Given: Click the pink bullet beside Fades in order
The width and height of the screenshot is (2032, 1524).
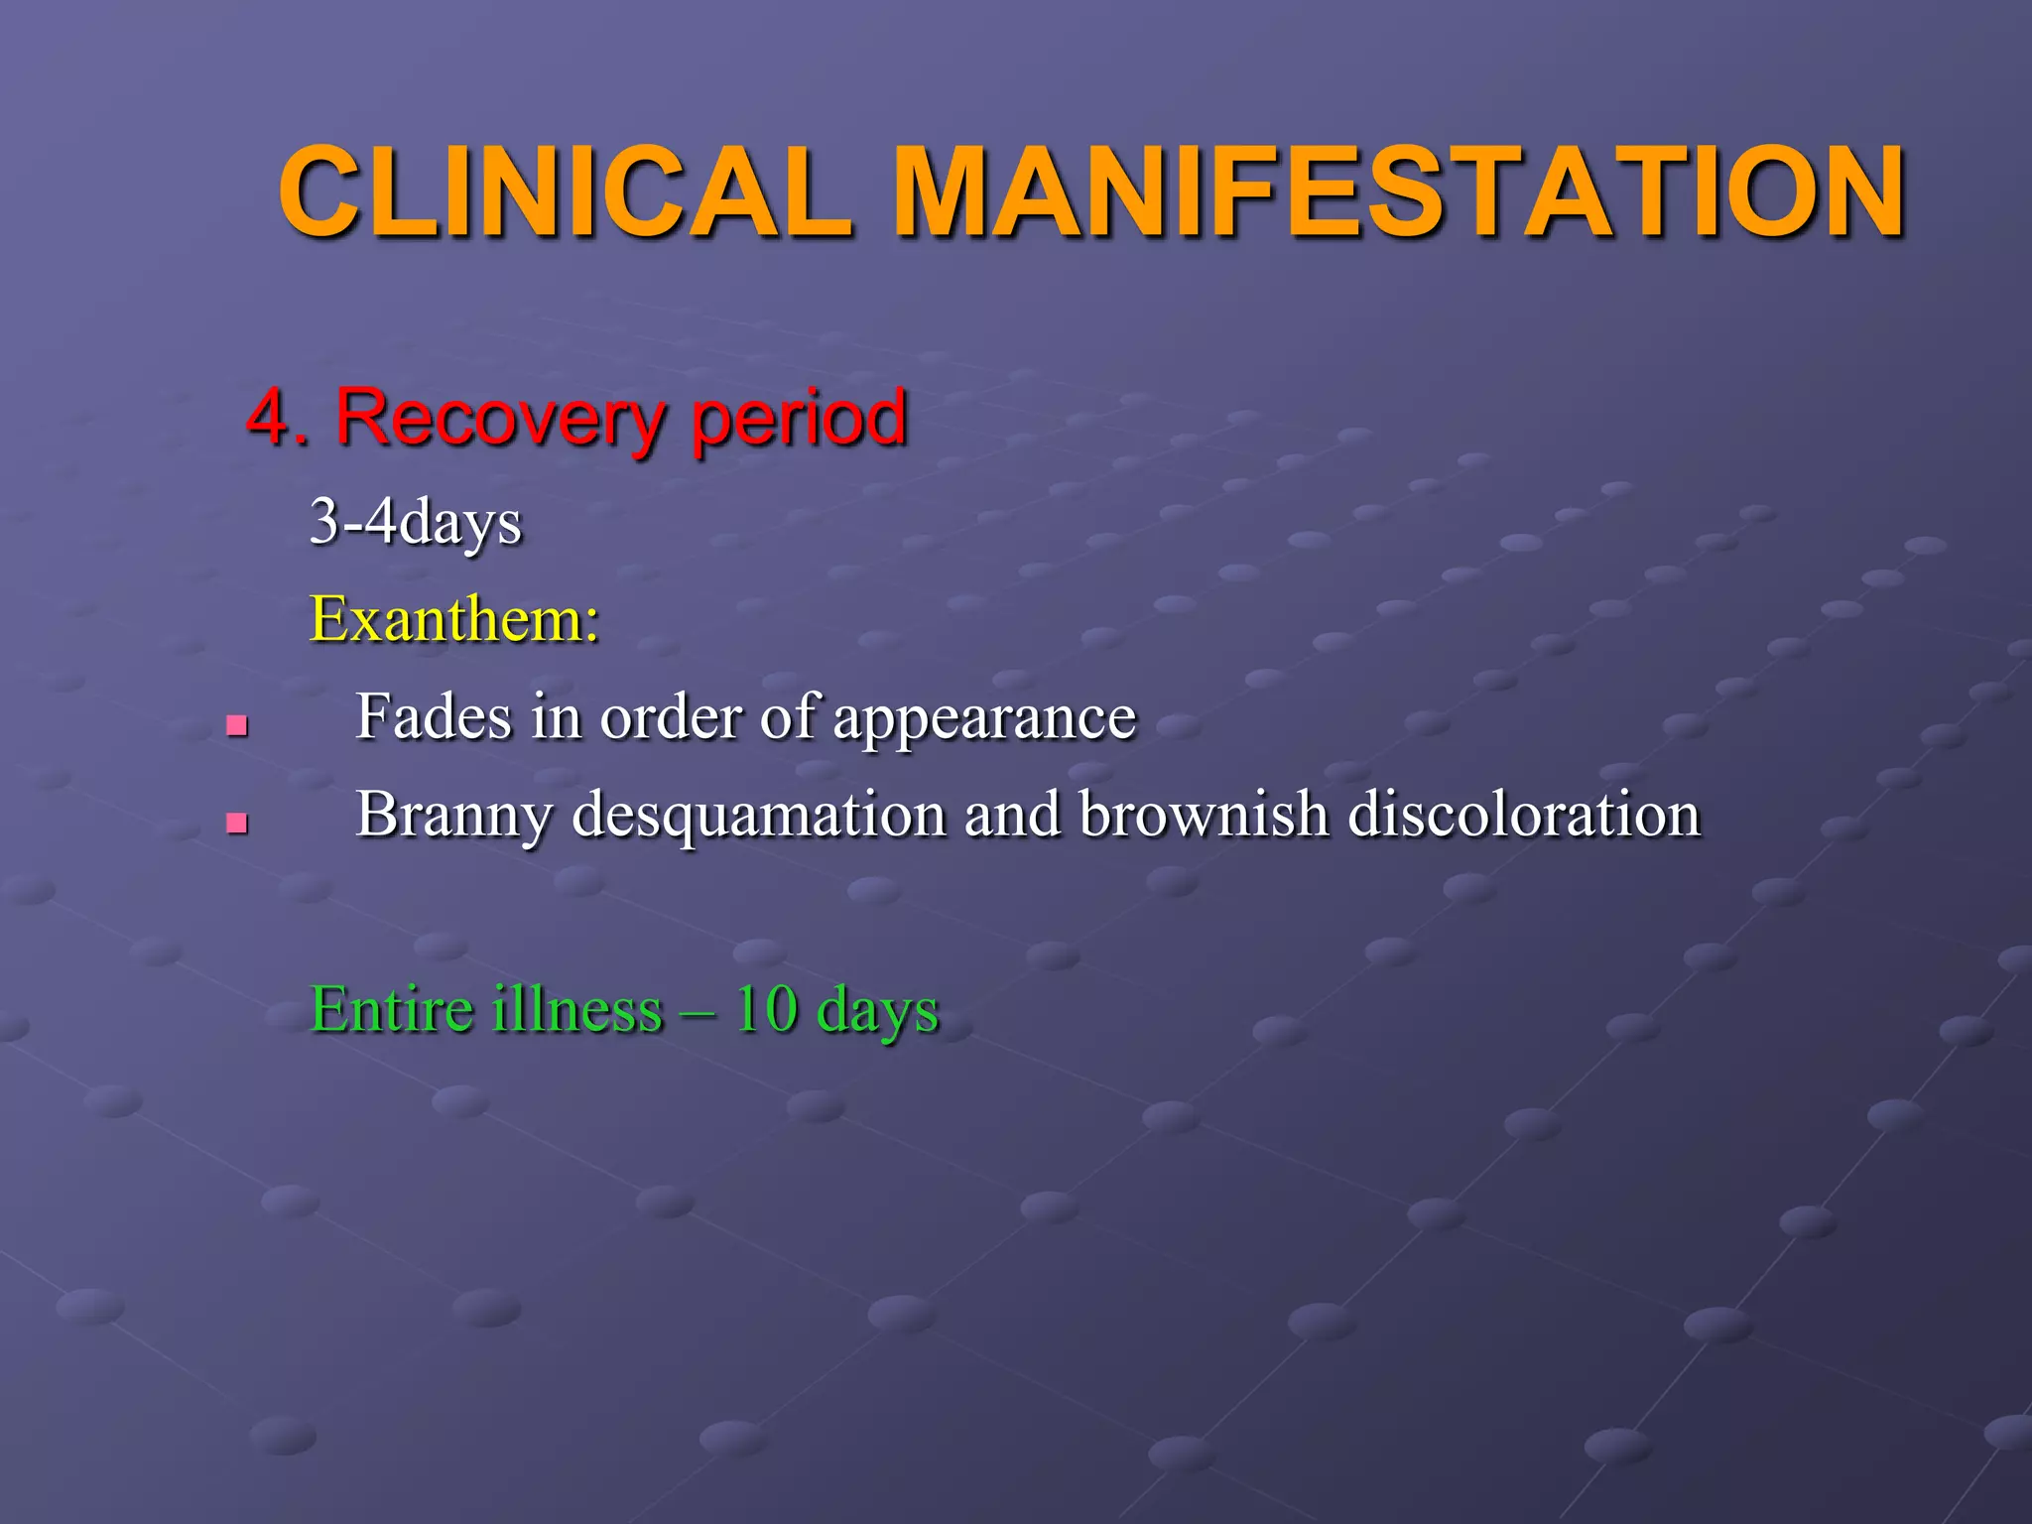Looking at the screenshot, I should point(236,726).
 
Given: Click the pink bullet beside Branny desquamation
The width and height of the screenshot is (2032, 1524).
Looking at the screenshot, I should point(236,823).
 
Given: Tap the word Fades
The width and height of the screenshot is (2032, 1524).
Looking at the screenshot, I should point(433,716).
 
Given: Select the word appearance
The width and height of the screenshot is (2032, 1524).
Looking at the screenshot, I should point(984,718).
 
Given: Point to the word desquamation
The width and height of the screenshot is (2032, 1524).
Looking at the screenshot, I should point(759,816).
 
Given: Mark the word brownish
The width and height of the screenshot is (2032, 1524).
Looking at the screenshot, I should point(1204,814).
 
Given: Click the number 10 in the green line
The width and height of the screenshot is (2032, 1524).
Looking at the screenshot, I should point(766,1009).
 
